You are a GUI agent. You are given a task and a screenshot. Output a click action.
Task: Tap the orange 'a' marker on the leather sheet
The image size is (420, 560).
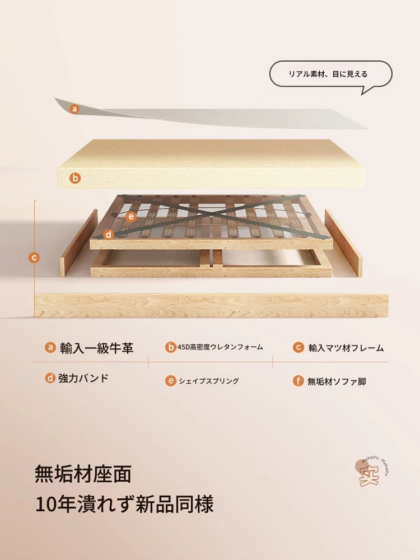74,109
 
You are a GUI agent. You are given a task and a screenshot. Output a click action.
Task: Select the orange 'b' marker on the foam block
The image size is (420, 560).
75,178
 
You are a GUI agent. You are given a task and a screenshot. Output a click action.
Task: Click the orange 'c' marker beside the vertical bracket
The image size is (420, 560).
34,258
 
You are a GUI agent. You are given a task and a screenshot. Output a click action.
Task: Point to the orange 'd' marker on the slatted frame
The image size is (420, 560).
108,235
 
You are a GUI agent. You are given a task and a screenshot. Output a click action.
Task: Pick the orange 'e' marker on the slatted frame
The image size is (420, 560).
131,216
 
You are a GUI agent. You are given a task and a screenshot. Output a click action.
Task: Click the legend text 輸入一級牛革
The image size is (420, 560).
96,348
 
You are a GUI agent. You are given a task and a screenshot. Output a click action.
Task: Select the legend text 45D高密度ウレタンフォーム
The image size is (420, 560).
220,347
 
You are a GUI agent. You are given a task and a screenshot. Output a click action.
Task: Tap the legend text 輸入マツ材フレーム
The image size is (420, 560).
346,348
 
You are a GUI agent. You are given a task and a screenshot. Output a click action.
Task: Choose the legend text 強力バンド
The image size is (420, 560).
83,378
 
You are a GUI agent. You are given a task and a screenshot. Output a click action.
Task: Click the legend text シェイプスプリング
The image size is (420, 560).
208,381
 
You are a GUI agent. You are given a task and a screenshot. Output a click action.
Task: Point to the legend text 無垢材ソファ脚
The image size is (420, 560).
337,381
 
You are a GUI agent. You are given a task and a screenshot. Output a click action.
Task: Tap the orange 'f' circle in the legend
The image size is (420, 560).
298,381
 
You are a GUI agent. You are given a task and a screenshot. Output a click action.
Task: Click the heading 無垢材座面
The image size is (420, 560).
83,474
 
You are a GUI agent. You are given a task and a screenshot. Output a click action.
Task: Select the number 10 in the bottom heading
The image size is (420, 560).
46,505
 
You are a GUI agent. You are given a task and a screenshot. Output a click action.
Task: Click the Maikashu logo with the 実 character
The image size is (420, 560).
371,472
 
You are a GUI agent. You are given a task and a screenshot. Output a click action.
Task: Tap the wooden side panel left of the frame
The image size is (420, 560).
79,243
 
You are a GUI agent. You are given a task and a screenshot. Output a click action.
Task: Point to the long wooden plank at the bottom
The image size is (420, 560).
211,306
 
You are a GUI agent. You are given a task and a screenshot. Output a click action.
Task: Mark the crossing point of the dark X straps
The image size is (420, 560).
213,216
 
